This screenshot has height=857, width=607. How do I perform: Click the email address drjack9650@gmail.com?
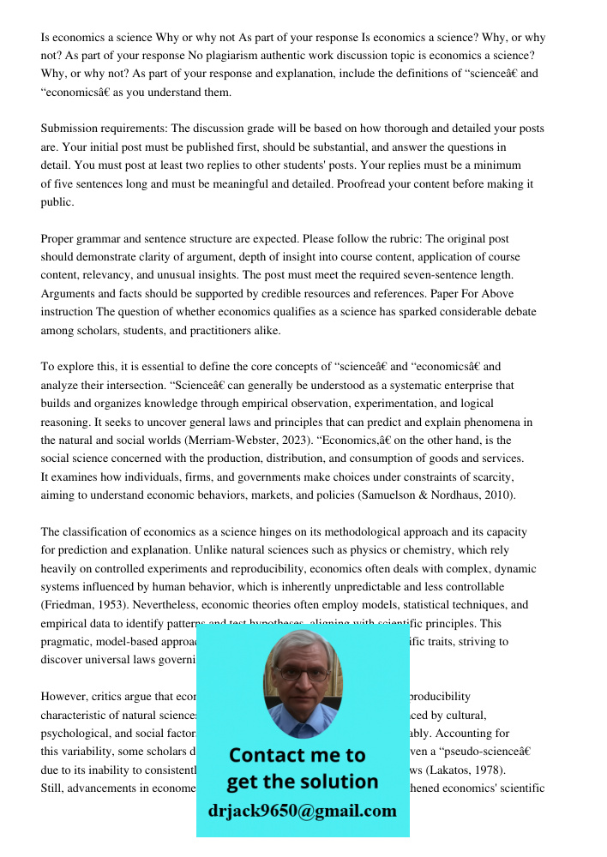tap(302, 811)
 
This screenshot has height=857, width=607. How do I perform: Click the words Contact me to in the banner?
tap(297, 755)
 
